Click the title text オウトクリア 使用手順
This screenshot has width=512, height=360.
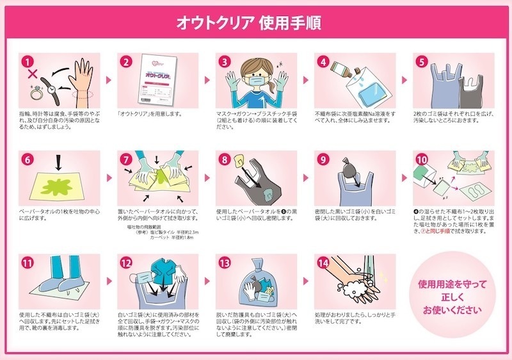[256, 22]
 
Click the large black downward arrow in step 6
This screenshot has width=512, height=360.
[60, 165]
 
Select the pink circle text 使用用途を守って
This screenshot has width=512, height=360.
[452, 284]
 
